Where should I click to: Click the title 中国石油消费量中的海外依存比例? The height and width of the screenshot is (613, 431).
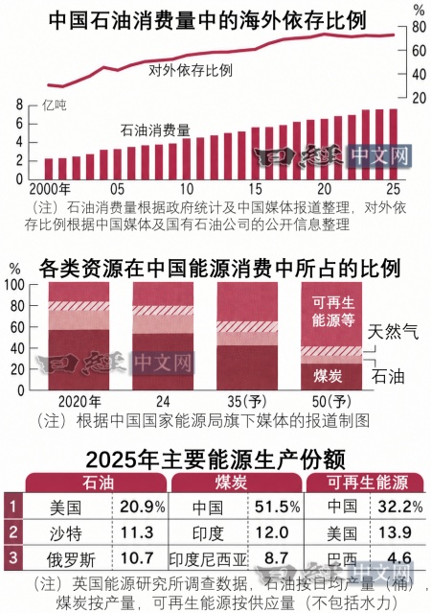click(x=208, y=20)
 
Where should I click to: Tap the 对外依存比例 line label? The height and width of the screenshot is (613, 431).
click(x=191, y=70)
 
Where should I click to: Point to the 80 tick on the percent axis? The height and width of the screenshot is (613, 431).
click(x=419, y=27)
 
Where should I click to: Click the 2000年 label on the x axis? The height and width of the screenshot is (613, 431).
click(x=50, y=189)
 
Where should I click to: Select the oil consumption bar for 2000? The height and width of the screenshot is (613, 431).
click(x=49, y=169)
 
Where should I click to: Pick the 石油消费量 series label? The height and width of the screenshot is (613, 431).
click(x=155, y=130)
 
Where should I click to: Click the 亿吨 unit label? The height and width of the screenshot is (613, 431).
click(x=55, y=105)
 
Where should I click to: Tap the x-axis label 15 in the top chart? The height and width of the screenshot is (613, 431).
click(x=256, y=189)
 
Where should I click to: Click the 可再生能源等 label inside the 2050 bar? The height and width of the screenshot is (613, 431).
click(x=333, y=311)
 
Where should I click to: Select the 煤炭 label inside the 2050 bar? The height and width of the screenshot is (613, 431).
click(x=328, y=376)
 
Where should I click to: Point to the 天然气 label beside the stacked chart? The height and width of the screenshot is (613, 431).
click(x=393, y=332)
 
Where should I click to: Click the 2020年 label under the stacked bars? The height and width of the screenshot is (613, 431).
click(x=79, y=402)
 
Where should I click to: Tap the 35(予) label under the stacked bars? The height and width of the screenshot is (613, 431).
click(x=247, y=402)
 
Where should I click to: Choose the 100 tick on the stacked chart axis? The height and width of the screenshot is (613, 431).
click(x=14, y=285)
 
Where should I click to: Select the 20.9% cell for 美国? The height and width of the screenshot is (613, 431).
click(x=143, y=507)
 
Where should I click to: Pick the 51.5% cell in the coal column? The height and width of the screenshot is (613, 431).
click(x=278, y=507)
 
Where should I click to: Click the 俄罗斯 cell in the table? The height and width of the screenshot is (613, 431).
click(x=71, y=559)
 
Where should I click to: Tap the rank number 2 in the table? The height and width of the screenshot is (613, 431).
click(x=12, y=531)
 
